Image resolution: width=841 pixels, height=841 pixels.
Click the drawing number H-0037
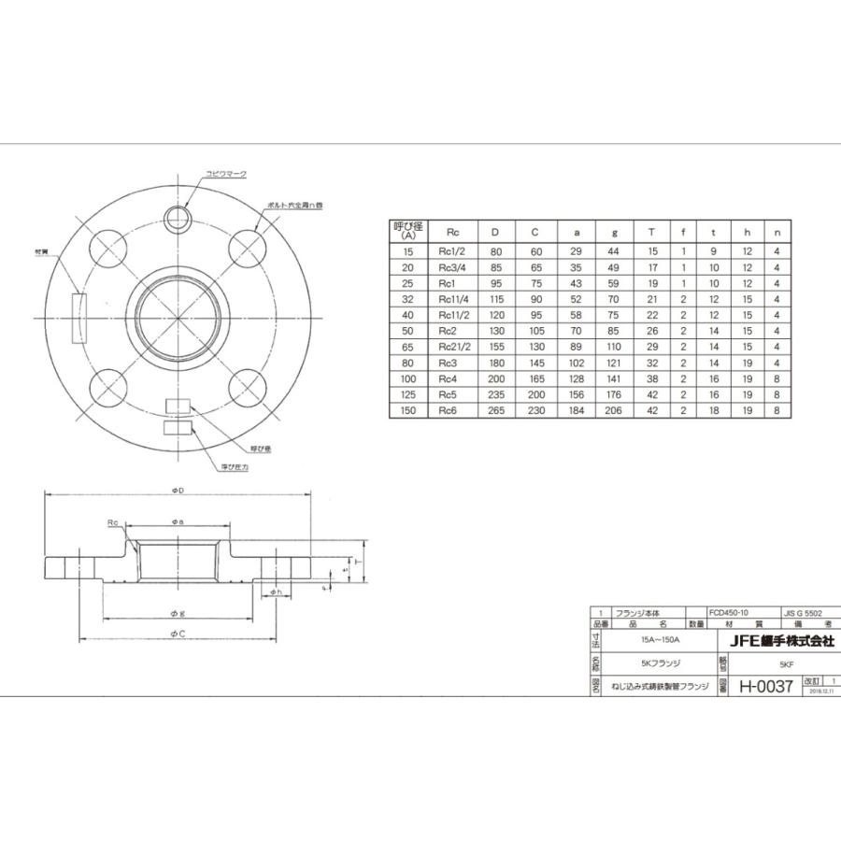coord(765,687)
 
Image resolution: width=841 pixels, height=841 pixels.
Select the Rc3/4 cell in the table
coord(452,268)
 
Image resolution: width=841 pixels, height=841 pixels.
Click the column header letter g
coord(615,231)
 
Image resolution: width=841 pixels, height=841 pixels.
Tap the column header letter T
coord(651,231)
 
